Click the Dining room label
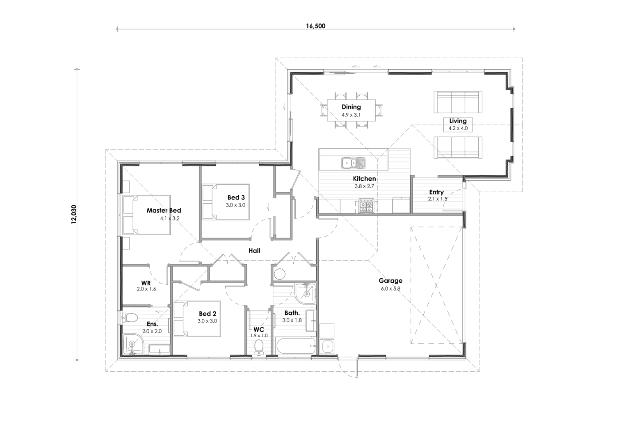(351, 107)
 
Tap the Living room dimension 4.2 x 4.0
(458, 128)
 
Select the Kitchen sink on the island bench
(353, 163)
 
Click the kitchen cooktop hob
(366, 207)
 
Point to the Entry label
(436, 192)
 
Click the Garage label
(390, 281)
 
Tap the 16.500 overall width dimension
(315, 26)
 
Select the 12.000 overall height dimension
(74, 214)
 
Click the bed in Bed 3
(226, 202)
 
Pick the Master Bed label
(164, 210)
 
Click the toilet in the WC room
(259, 347)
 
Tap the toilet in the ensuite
(130, 317)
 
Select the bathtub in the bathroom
(296, 346)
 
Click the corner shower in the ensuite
(133, 344)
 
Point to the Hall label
(254, 250)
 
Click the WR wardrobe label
(146, 283)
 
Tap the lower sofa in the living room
(458, 148)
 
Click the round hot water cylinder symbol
(280, 274)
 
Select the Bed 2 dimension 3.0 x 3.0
(207, 321)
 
